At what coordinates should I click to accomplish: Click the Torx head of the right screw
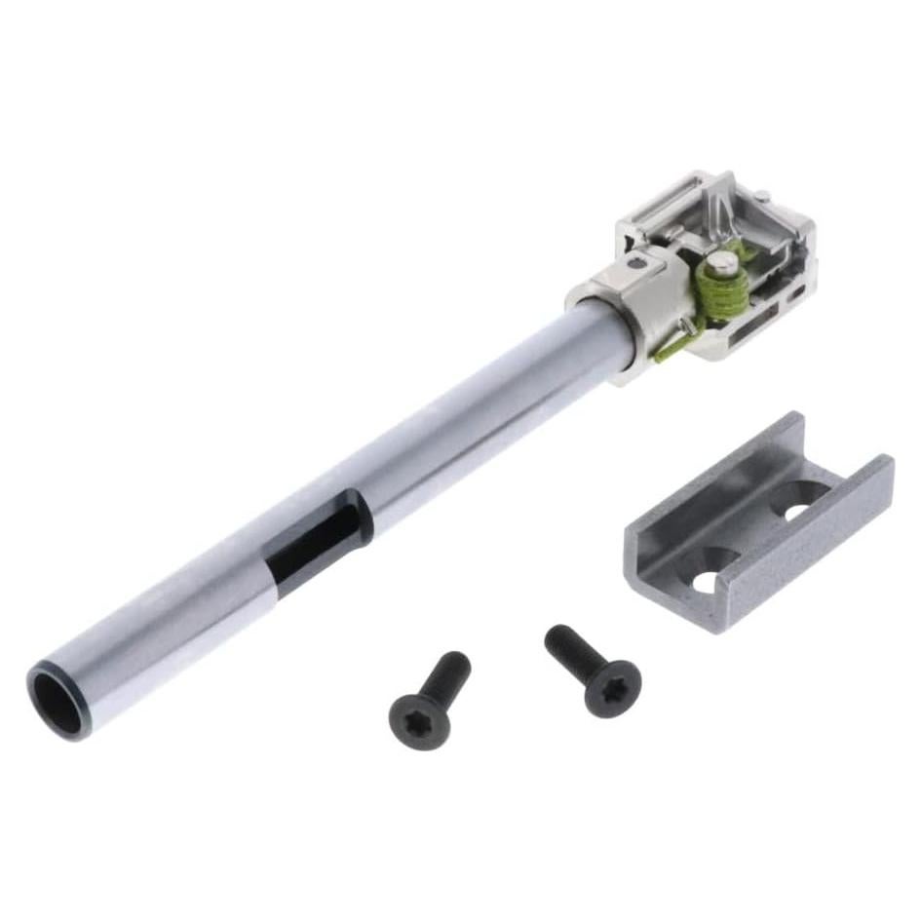coord(613,687)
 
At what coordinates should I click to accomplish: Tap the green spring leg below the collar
coord(672,346)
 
